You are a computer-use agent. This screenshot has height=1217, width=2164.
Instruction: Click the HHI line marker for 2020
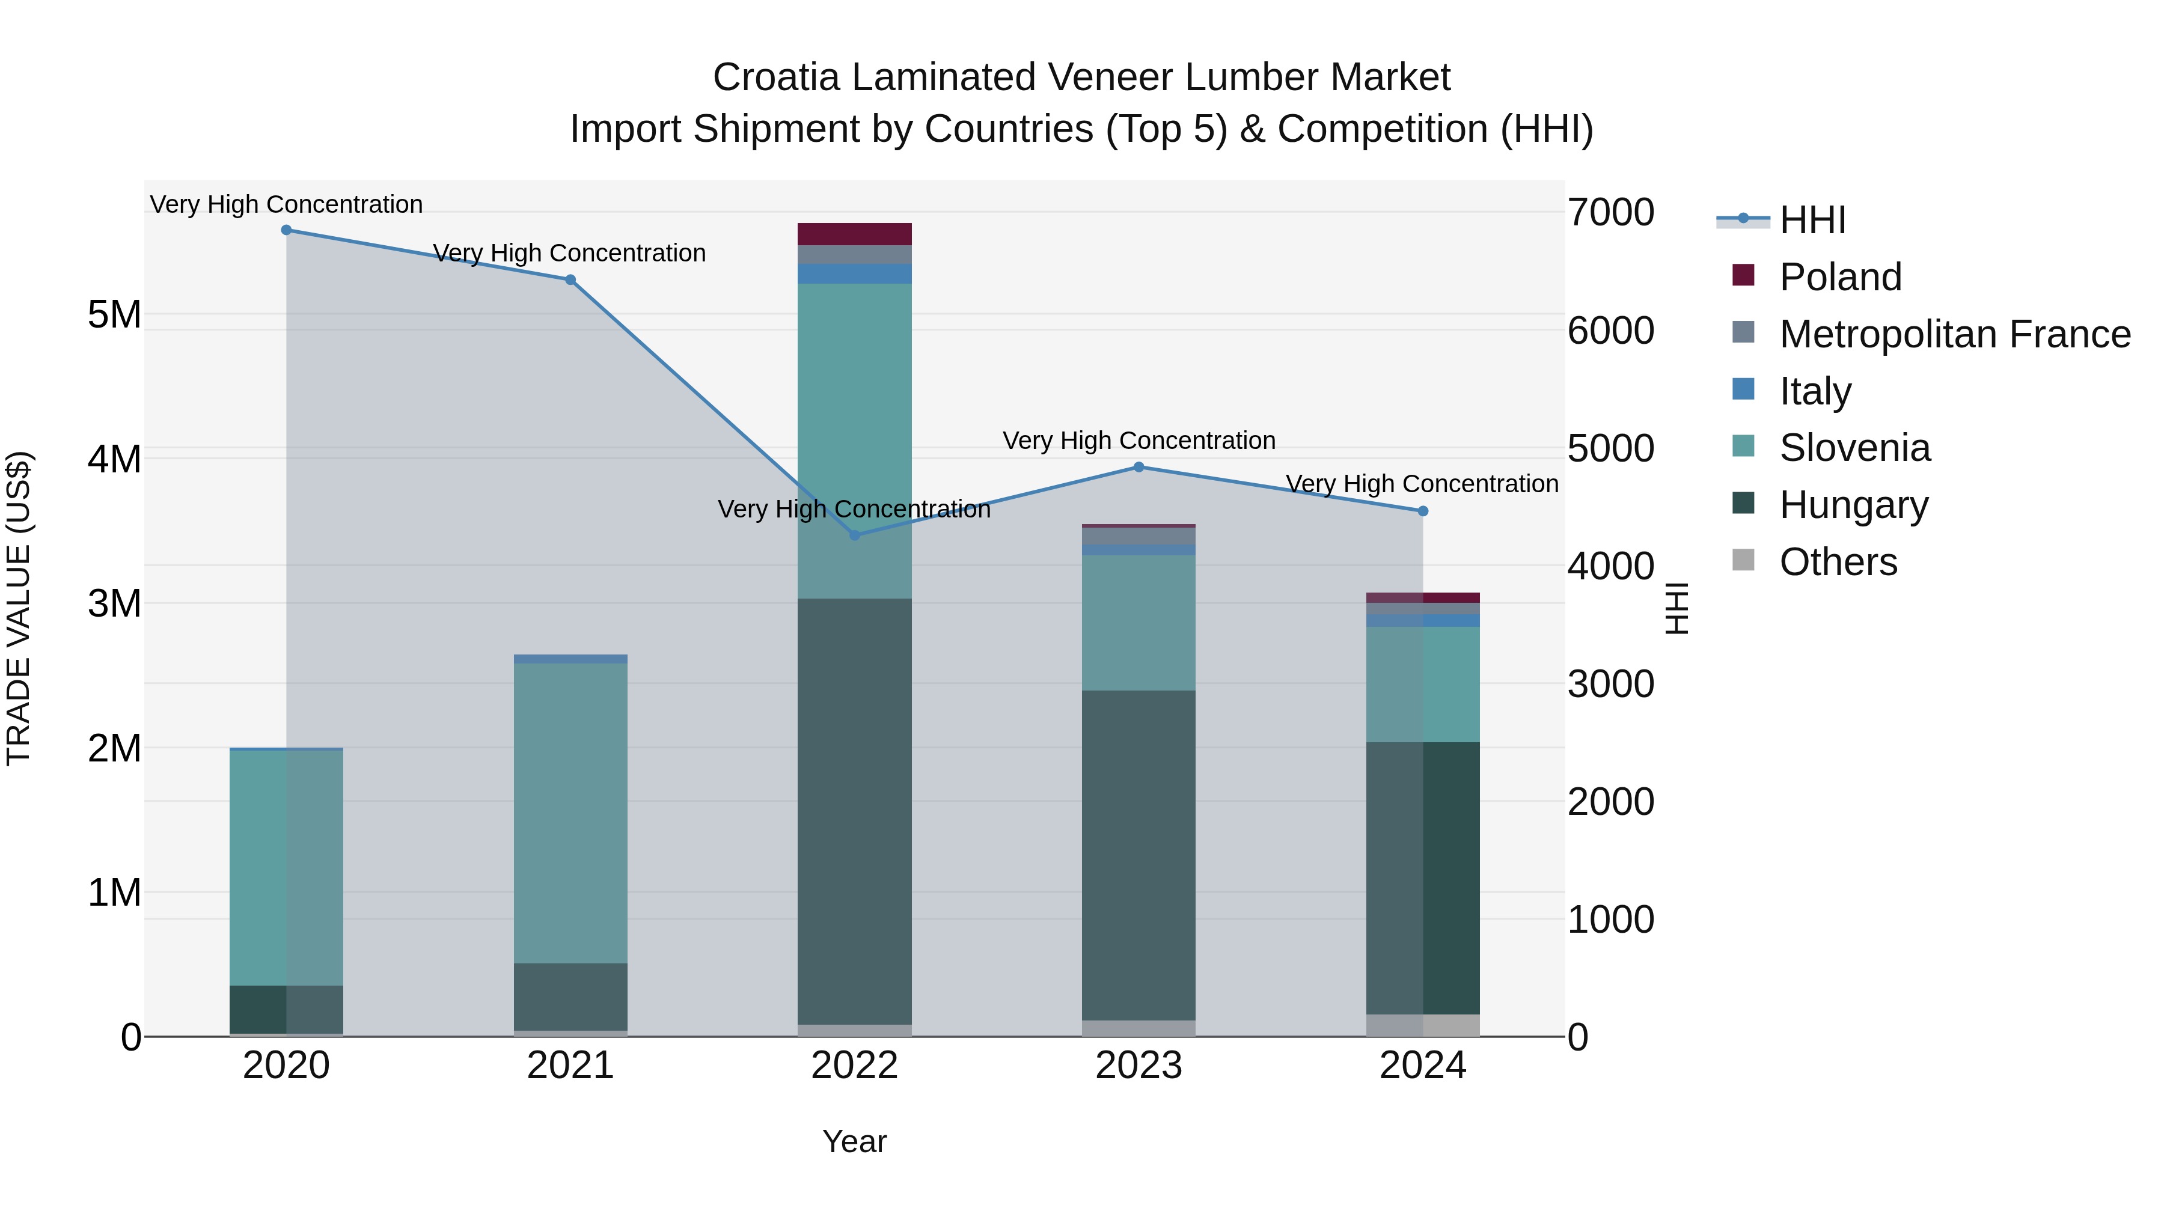(287, 230)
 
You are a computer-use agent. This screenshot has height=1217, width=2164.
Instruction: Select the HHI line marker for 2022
(854, 535)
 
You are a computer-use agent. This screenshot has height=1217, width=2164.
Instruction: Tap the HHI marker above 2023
(1139, 467)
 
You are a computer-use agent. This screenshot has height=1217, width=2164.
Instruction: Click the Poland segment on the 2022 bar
(854, 234)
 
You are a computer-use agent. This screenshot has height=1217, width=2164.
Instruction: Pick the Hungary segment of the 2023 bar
(1139, 855)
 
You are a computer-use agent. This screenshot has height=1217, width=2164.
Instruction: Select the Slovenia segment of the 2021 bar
(570, 813)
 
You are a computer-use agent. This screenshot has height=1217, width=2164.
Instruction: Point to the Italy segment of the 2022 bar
(854, 274)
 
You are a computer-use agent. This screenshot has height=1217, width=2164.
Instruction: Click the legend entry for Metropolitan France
(1954, 334)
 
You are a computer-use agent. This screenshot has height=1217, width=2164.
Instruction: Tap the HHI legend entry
(1811, 220)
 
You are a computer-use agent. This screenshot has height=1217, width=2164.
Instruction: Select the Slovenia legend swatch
(1743, 446)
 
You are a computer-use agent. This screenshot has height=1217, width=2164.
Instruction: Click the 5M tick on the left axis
(114, 316)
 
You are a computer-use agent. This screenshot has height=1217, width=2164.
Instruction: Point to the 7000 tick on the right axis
(1610, 213)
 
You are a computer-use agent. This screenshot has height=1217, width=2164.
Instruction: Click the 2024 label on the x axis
(1422, 1066)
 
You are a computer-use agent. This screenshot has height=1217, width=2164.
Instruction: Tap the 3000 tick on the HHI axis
(1610, 684)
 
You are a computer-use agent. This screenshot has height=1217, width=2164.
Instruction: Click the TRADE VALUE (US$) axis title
(19, 608)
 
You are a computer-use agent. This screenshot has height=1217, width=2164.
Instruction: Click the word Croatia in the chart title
(775, 78)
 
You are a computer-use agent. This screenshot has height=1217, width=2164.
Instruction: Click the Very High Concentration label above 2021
(570, 253)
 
